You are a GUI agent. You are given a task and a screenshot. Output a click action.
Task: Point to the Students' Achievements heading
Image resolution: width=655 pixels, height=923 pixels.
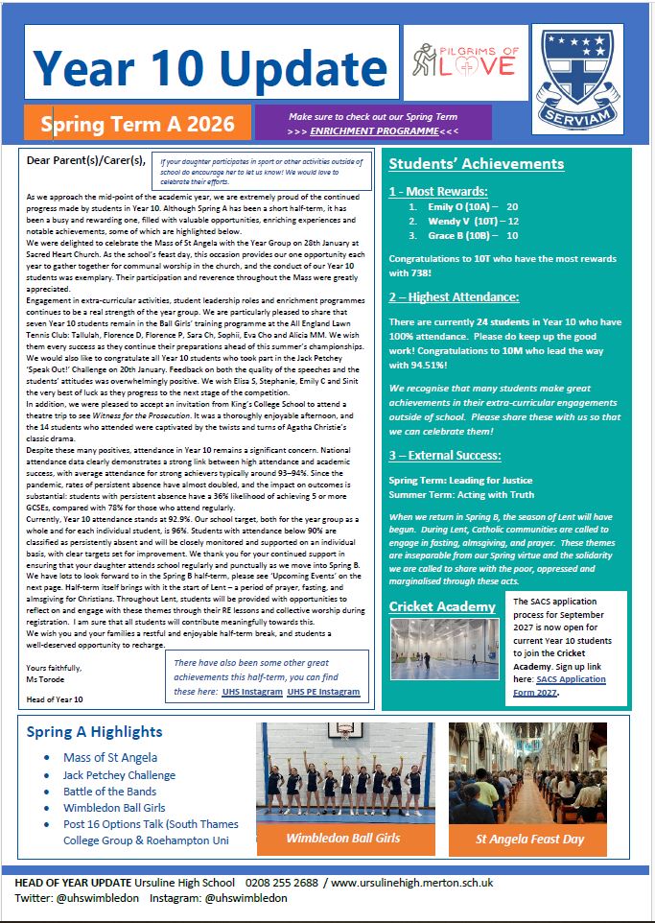476,164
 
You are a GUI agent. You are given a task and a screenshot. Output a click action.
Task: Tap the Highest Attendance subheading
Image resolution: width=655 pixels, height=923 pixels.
454,297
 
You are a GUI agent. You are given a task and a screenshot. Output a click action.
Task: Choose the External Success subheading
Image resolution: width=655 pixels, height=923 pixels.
446,455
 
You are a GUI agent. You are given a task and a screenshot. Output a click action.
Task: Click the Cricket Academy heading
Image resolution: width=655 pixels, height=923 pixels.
442,606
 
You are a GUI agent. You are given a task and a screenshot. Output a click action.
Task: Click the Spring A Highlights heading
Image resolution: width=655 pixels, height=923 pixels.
96,732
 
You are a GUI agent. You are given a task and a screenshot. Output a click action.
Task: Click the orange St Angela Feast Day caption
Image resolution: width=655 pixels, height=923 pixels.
530,839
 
